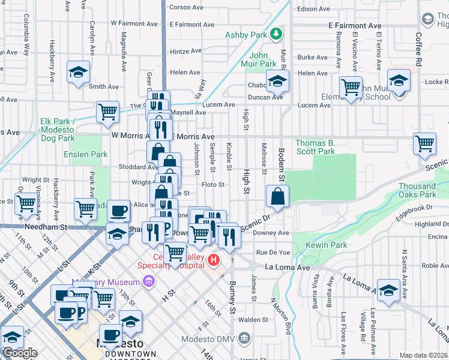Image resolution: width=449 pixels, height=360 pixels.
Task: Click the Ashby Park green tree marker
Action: (276, 34)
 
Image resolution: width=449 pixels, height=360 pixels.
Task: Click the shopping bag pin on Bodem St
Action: (277, 197)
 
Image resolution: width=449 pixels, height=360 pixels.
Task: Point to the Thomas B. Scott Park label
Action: (315, 147)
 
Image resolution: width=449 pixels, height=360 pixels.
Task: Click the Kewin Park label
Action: (326, 245)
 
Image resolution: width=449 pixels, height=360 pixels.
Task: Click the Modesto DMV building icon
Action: (244, 338)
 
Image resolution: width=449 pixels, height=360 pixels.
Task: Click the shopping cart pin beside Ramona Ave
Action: (351, 87)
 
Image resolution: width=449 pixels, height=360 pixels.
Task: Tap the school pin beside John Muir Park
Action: (277, 81)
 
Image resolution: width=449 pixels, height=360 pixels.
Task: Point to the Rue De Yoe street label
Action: (273, 253)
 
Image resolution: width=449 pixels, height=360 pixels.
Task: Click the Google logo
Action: (20, 353)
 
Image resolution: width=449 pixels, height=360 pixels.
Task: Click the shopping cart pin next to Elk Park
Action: (107, 112)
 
